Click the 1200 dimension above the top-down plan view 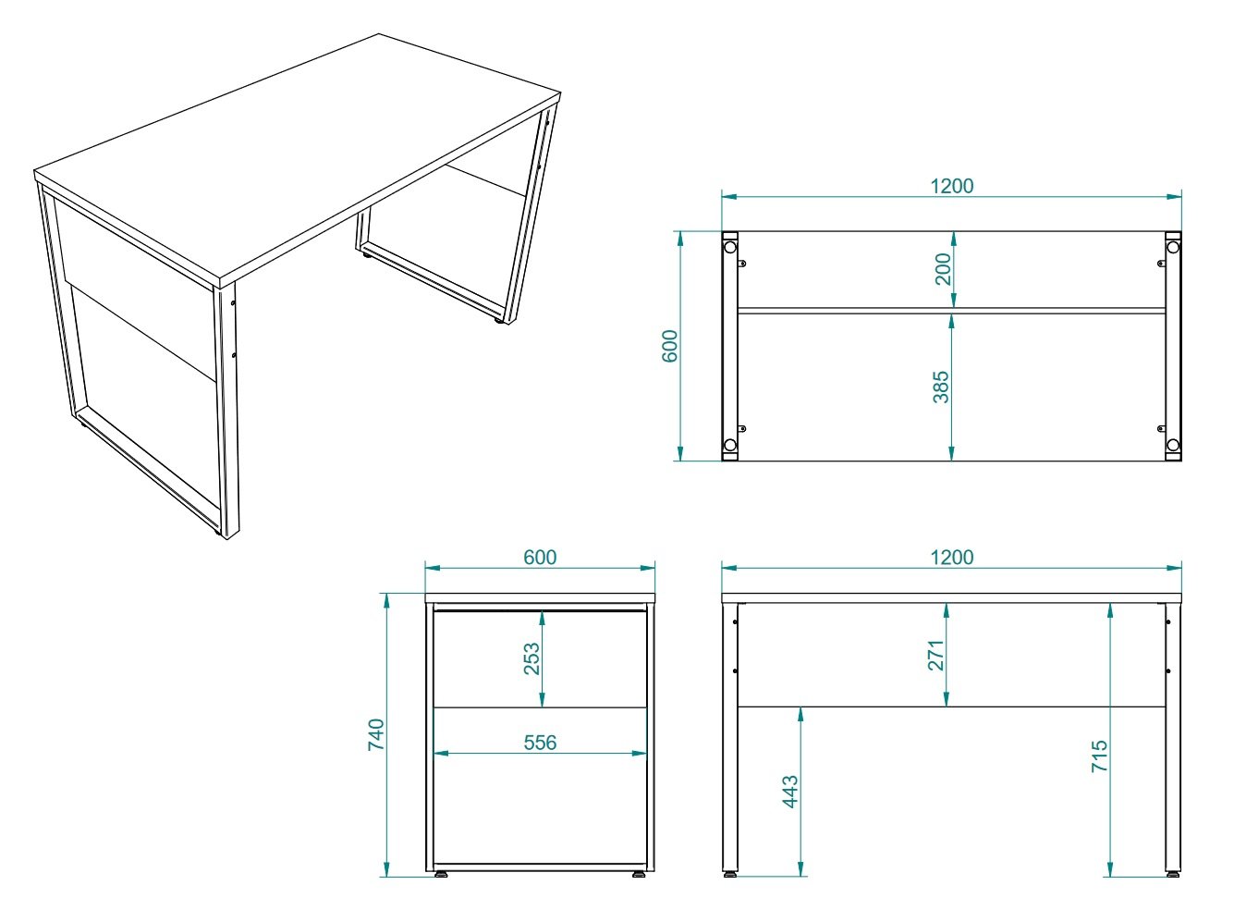951,186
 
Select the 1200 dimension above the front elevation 951,558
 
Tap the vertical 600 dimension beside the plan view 671,346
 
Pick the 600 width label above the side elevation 540,558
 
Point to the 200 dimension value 943,269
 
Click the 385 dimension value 941,387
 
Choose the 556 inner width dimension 540,743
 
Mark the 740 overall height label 376,734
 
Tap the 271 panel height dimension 936,656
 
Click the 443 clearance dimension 790,793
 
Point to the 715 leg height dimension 1099,756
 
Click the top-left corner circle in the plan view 729,247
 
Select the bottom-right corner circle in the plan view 1173,445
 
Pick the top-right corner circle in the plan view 1173,247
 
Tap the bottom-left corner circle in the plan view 729,445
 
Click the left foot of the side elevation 441,873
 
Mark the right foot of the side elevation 639,873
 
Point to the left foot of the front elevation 730,873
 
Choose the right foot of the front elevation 1172,873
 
